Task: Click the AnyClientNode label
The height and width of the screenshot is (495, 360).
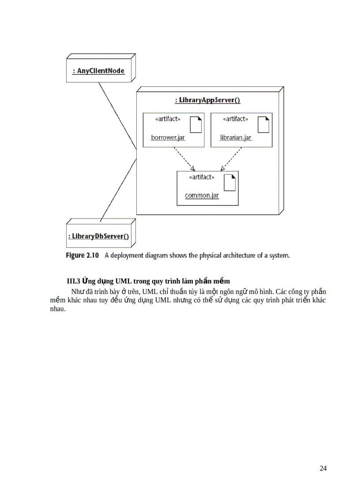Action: [98, 71]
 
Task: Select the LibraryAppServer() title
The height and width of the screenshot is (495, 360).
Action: [207, 100]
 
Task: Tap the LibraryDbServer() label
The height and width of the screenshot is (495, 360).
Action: [98, 236]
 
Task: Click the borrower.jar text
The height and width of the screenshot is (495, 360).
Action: [168, 138]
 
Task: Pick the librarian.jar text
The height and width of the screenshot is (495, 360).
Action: [236, 138]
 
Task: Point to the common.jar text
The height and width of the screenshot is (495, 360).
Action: [202, 195]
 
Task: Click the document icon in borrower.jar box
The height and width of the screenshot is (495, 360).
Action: [195, 125]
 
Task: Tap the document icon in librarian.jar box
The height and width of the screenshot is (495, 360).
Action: [263, 125]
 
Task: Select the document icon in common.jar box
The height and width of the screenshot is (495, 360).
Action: [229, 182]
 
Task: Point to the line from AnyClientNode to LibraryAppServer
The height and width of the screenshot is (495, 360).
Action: [117, 115]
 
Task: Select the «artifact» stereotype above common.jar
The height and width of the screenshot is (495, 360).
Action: [201, 177]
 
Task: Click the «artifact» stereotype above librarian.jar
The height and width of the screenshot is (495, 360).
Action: [235, 119]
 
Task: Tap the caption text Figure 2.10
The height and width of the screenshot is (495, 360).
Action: [82, 255]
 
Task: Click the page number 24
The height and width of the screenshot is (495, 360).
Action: [323, 468]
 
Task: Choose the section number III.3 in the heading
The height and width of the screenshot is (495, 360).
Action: [72, 281]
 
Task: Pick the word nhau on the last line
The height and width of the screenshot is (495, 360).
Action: [57, 309]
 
